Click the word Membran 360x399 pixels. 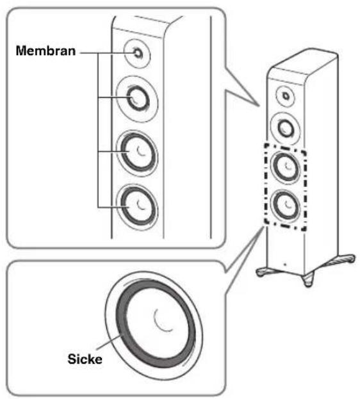[46, 51]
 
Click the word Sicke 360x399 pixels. [85, 359]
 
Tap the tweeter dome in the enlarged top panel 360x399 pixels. [138, 53]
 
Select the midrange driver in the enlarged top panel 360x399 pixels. [138, 99]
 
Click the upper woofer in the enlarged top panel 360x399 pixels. [138, 152]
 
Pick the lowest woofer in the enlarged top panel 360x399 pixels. [138, 207]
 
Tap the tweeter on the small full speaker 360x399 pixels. [286, 96]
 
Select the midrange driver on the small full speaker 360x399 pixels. [286, 129]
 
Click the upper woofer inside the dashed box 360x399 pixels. [286, 167]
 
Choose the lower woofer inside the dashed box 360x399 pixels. [286, 206]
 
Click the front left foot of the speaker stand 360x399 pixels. [263, 272]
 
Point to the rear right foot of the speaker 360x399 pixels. [349, 259]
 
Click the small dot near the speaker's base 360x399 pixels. [285, 265]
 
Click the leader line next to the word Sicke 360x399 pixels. [110, 342]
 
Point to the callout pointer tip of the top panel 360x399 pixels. [259, 106]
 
